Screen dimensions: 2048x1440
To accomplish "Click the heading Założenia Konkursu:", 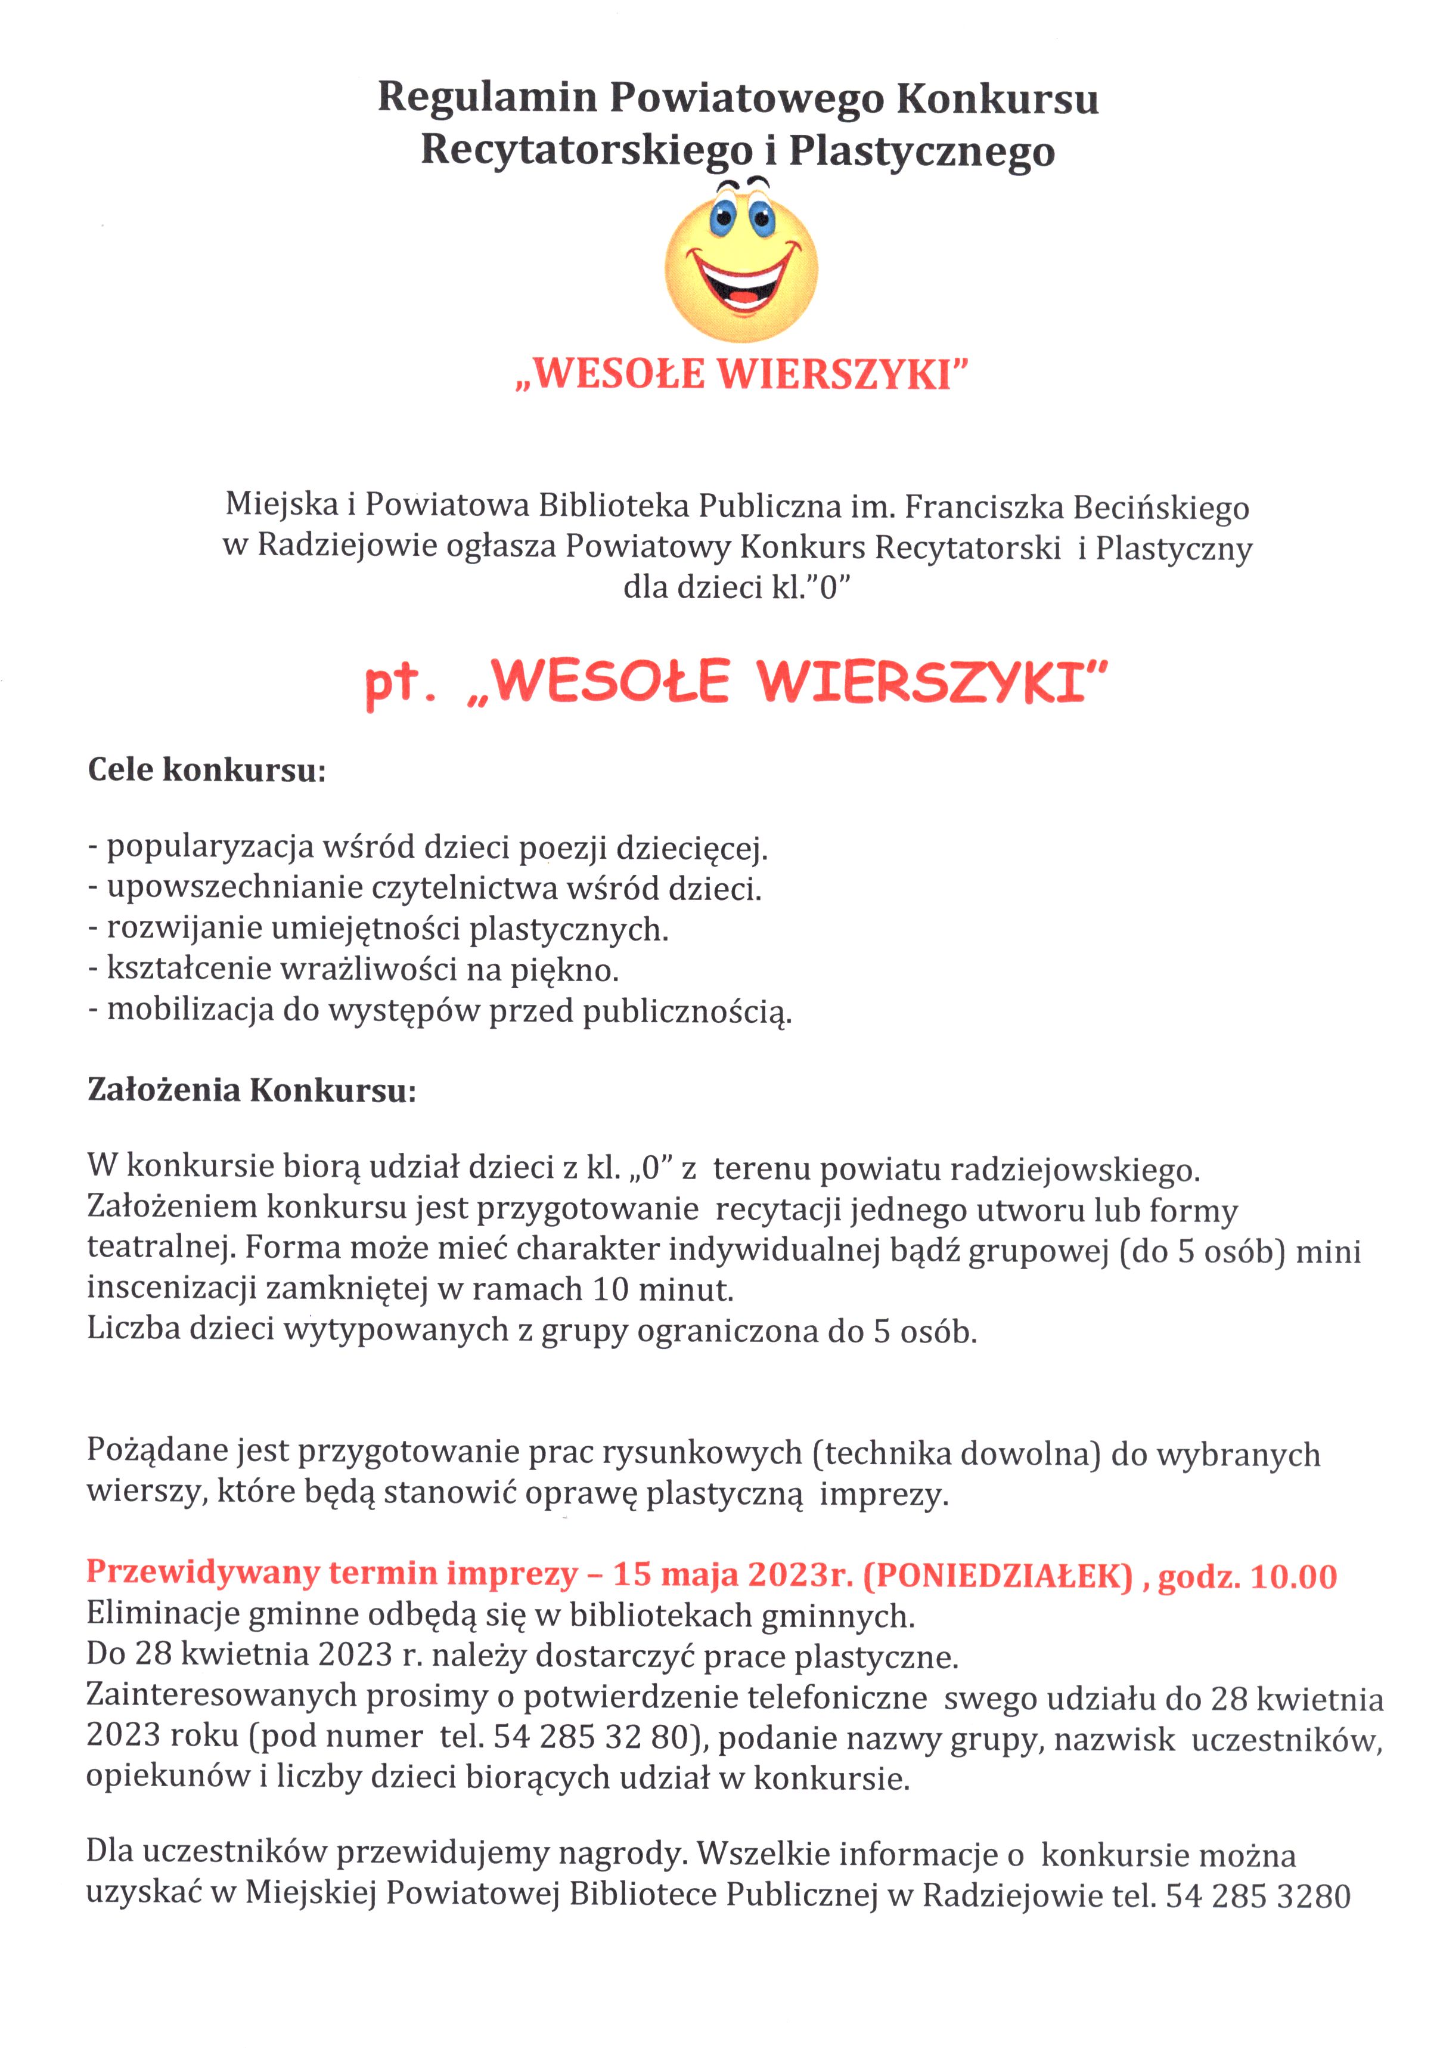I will (x=252, y=1090).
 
